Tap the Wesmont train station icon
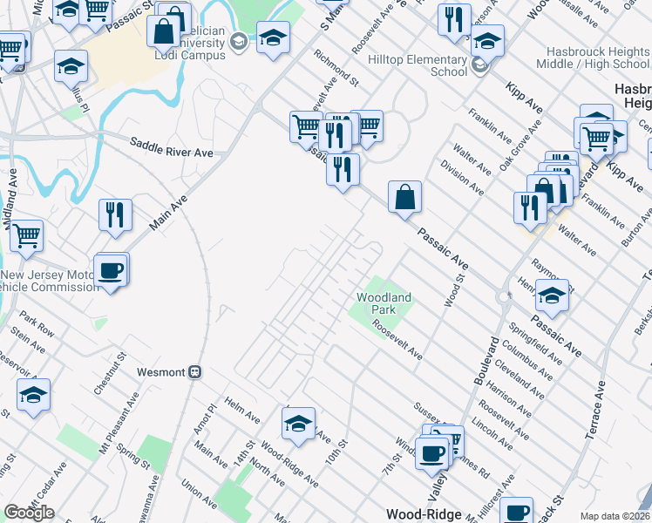click(x=196, y=371)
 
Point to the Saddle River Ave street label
click(x=172, y=148)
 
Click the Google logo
click(x=29, y=513)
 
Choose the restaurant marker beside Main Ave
click(x=115, y=215)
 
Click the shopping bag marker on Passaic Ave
click(x=404, y=197)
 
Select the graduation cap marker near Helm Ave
click(x=298, y=424)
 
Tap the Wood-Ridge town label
click(x=424, y=514)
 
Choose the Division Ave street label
click(x=462, y=177)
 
